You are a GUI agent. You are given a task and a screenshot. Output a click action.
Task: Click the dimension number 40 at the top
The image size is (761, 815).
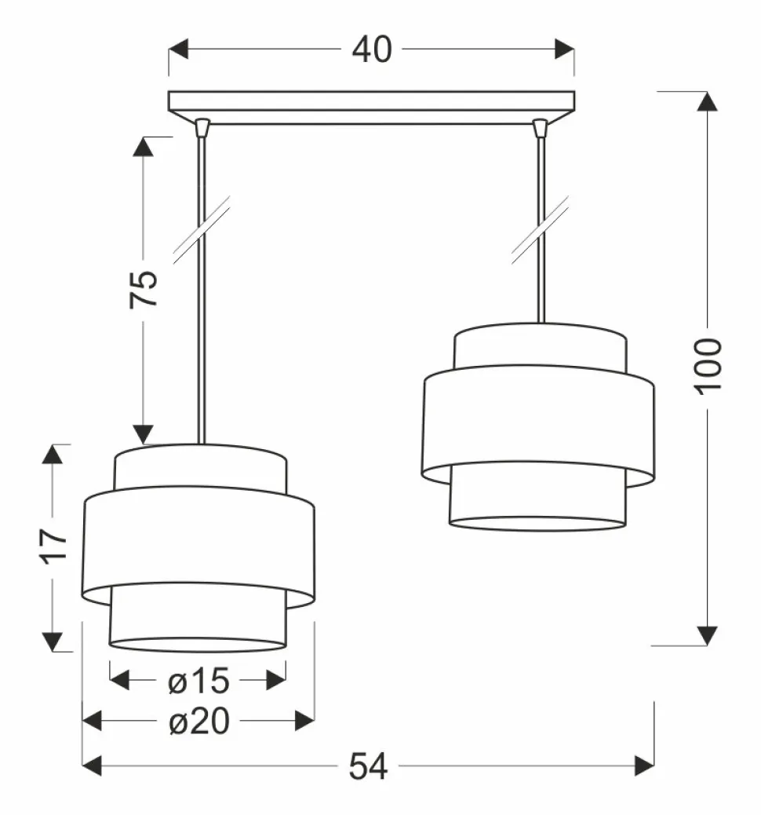372,50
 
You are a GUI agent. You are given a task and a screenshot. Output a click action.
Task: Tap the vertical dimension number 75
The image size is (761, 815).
144,289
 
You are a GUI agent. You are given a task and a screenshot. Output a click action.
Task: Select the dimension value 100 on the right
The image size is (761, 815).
708,366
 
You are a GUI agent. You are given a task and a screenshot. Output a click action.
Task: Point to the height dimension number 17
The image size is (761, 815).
53,546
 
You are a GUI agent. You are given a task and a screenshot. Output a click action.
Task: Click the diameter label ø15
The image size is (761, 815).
198,681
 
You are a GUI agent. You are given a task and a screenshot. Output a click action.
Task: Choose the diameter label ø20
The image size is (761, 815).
199,722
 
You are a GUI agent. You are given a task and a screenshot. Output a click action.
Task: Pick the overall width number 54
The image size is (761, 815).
368,766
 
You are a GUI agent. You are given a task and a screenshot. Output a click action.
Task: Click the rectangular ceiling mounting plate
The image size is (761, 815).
371,108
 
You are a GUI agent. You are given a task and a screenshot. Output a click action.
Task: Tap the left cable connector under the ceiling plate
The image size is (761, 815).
202,127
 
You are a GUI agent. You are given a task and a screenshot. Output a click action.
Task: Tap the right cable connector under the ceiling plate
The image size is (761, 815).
541,127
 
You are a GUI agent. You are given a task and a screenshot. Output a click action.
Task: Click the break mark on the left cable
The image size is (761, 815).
202,230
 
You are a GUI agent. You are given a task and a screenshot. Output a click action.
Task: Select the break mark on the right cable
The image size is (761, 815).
541,230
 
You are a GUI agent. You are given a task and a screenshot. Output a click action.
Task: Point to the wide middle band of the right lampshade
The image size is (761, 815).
537,426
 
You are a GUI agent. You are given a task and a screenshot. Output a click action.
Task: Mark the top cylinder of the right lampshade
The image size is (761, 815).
541,347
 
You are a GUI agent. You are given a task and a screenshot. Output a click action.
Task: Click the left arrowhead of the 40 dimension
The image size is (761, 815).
178,49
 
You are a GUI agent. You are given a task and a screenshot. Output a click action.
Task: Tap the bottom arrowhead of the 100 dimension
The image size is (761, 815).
707,636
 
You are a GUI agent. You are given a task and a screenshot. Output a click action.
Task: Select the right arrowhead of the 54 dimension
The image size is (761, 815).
644,766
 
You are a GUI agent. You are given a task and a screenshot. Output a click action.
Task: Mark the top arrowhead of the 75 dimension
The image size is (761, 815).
144,147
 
